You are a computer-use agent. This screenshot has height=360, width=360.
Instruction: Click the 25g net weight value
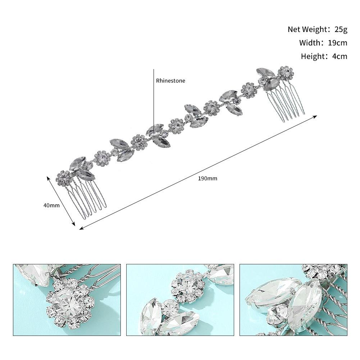tap(341, 29)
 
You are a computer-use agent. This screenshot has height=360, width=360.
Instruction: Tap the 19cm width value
tap(337, 43)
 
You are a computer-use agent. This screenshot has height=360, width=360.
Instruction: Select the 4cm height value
tap(340, 56)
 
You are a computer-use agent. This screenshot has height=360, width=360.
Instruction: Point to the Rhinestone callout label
tap(170, 81)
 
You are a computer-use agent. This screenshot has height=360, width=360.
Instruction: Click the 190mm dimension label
tap(208, 178)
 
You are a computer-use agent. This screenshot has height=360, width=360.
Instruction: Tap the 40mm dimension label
tap(51, 205)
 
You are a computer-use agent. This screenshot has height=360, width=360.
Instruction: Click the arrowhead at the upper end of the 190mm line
tap(315, 117)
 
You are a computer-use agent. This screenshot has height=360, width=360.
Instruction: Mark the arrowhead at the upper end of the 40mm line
tap(48, 178)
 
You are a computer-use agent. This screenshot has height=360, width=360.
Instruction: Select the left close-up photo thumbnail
tap(67, 300)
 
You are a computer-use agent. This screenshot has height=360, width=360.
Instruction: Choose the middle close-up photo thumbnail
tap(180, 300)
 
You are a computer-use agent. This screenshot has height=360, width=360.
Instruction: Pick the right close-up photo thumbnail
tap(293, 300)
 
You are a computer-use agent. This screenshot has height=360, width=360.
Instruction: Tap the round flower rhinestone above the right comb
tap(286, 73)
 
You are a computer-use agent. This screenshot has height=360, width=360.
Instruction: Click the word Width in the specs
tap(310, 43)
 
